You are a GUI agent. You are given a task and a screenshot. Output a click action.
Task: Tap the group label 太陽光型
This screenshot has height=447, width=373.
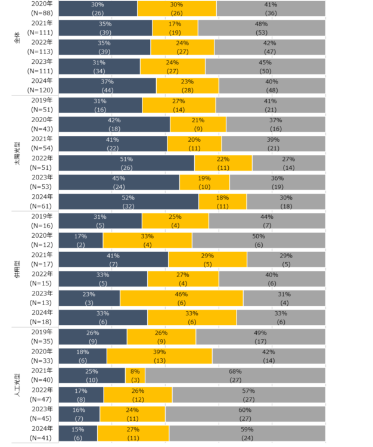pyautogui.click(x=17, y=153)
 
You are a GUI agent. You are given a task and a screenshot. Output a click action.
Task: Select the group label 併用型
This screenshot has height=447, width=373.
pyautogui.click(x=17, y=268)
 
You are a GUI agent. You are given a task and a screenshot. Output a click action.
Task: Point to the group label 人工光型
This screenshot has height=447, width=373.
pyautogui.click(x=17, y=383)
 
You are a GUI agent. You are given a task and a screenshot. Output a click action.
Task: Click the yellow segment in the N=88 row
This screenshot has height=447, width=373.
pyautogui.click(x=177, y=8)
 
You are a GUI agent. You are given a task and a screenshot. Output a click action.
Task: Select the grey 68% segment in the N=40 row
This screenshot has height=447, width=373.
pyautogui.click(x=235, y=375)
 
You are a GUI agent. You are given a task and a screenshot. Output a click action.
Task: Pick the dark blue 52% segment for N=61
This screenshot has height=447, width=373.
pyautogui.click(x=129, y=201)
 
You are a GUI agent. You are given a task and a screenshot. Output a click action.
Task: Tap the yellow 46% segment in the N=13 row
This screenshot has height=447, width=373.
pyautogui.click(x=181, y=298)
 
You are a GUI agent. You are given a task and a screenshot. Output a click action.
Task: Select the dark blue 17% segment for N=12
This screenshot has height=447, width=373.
pyautogui.click(x=80, y=240)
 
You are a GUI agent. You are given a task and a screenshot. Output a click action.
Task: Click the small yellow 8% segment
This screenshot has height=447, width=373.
pyautogui.click(x=135, y=375)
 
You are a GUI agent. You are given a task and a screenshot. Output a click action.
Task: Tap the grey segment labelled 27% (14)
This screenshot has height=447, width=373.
pyautogui.click(x=289, y=163)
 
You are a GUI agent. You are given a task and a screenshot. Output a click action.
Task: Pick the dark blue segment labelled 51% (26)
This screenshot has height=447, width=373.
pyautogui.click(x=126, y=163)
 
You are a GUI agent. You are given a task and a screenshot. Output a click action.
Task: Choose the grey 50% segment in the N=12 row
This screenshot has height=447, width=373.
pyautogui.click(x=259, y=240)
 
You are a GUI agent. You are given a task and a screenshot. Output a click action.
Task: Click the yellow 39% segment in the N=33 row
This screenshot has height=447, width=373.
pyautogui.click(x=159, y=356)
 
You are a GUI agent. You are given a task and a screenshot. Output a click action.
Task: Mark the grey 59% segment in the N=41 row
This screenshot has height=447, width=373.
pyautogui.click(x=247, y=433)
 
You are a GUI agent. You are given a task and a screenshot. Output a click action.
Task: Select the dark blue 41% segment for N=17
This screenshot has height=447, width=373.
pyautogui.click(x=113, y=259)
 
